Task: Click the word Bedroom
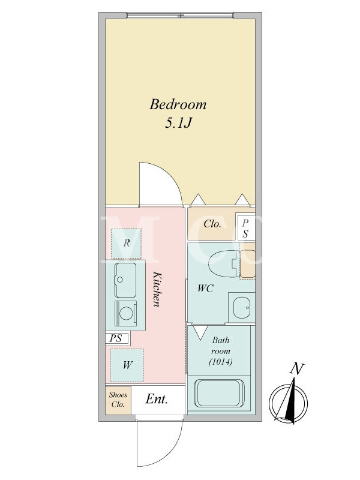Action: click(x=178, y=104)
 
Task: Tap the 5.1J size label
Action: click(x=178, y=123)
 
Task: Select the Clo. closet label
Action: click(x=212, y=224)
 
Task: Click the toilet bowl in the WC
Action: click(x=223, y=263)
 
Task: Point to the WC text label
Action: click(x=205, y=289)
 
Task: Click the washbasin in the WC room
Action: click(x=242, y=307)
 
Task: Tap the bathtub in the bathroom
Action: click(x=219, y=394)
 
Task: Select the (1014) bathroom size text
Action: click(x=221, y=362)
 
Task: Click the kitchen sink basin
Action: click(x=125, y=280)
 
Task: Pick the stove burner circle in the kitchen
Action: click(x=126, y=313)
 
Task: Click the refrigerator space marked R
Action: click(x=126, y=243)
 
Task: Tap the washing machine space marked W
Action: click(x=127, y=365)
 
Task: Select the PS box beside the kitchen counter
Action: click(x=117, y=338)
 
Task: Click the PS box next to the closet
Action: click(x=245, y=228)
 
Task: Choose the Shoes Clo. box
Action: click(x=118, y=400)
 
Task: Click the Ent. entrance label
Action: click(x=157, y=399)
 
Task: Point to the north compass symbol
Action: click(x=288, y=401)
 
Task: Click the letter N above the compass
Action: click(x=296, y=369)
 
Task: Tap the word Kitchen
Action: click(x=157, y=289)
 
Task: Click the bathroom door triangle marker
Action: click(x=201, y=332)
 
